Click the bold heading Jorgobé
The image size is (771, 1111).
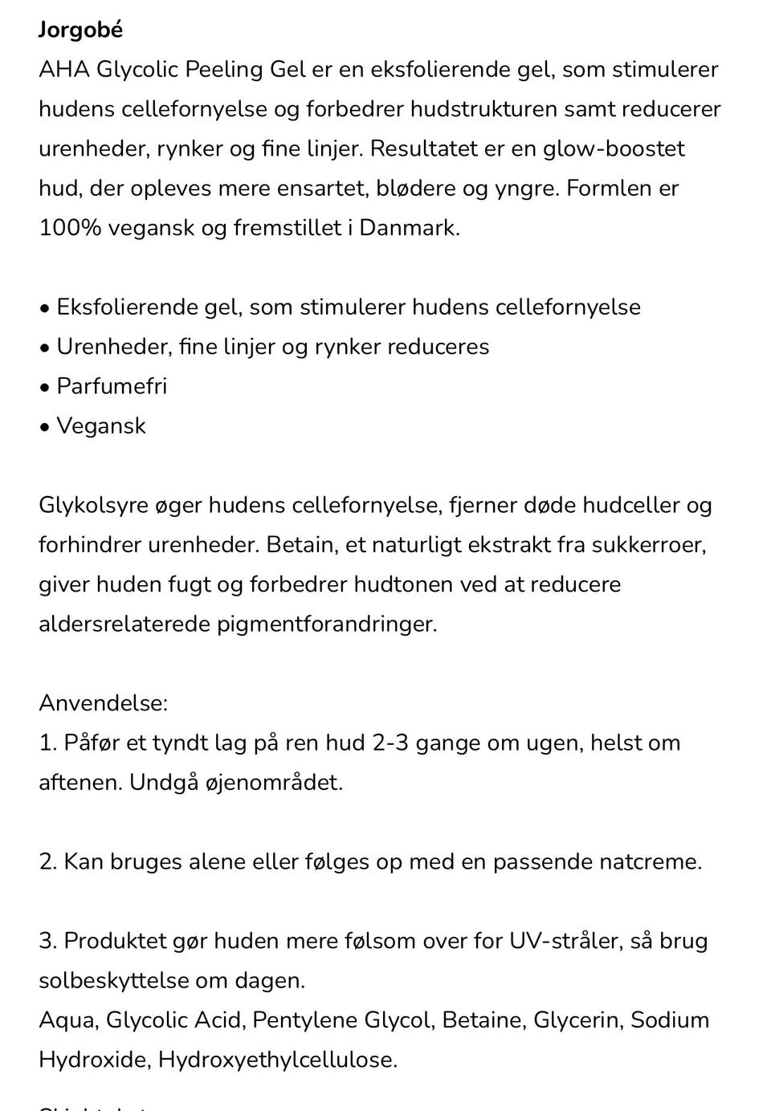80,31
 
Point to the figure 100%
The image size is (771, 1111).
70,228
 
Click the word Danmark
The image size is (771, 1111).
409,228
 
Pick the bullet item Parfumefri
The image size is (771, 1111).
112,386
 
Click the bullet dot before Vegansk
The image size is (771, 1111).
44,426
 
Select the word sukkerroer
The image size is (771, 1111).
648,545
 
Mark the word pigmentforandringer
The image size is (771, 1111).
327,625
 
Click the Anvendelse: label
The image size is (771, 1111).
103,703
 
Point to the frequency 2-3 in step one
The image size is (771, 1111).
390,743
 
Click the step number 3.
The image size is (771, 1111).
47,941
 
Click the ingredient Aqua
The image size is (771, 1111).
67,1020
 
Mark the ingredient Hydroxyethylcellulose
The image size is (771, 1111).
277,1060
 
